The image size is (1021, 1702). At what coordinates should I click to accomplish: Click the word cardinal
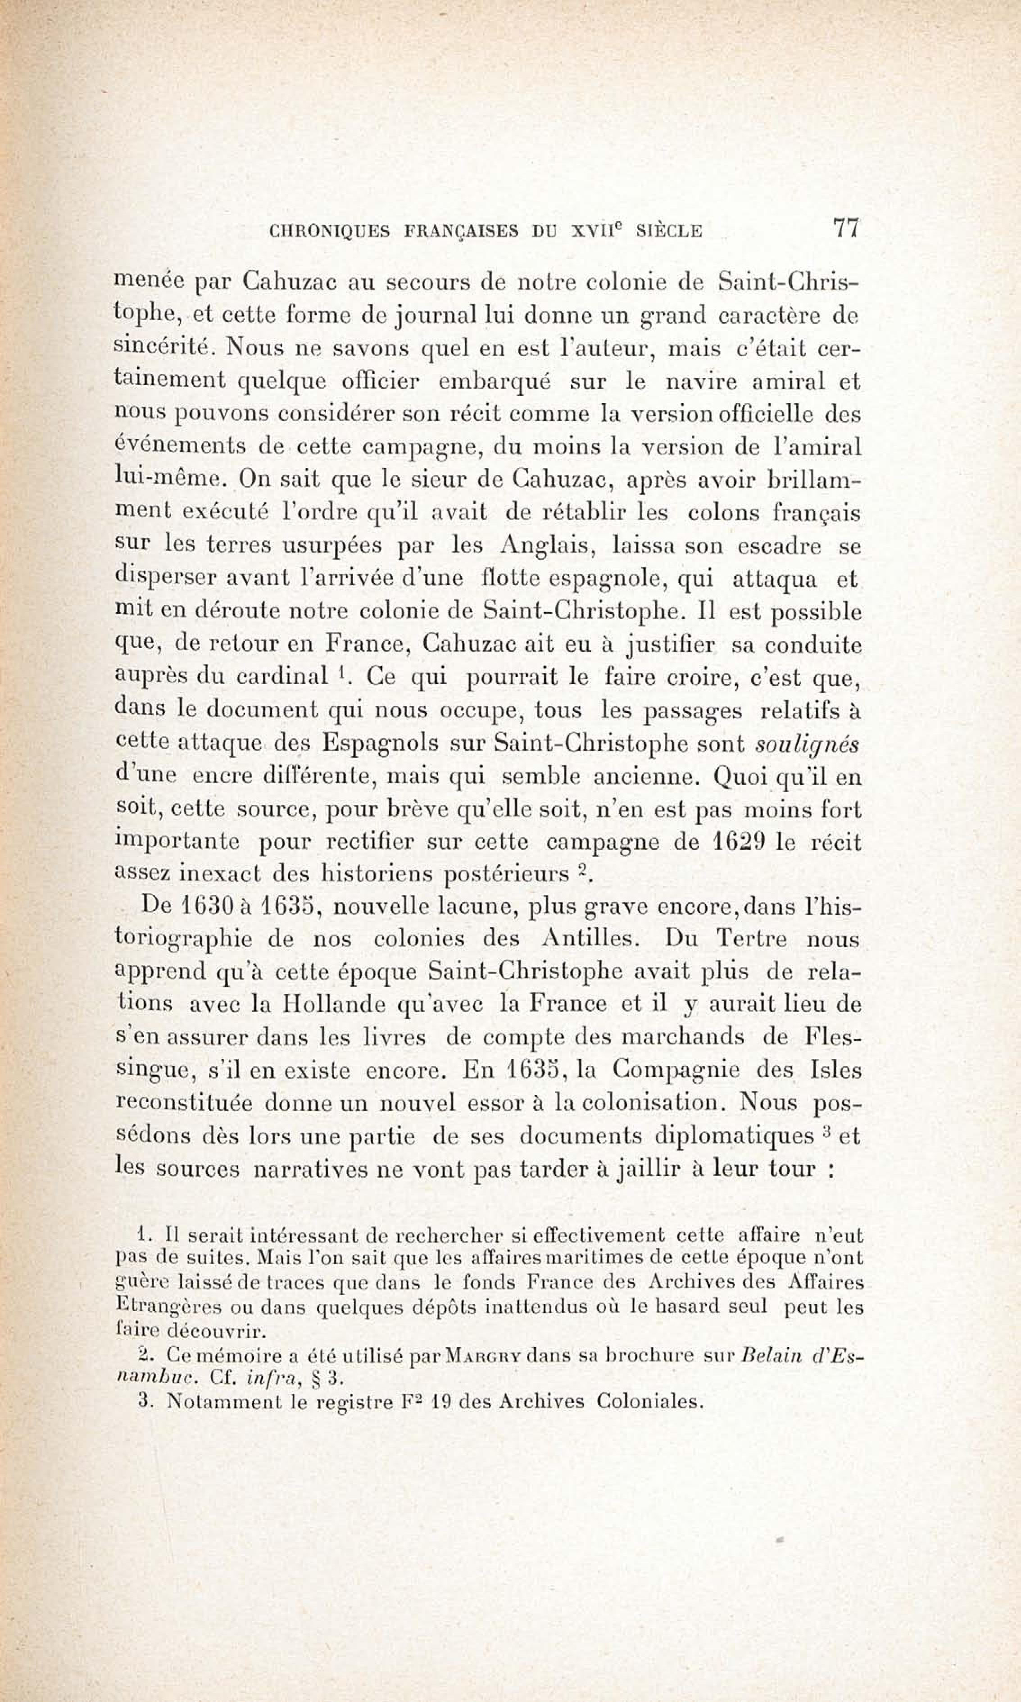pos(282,676)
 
